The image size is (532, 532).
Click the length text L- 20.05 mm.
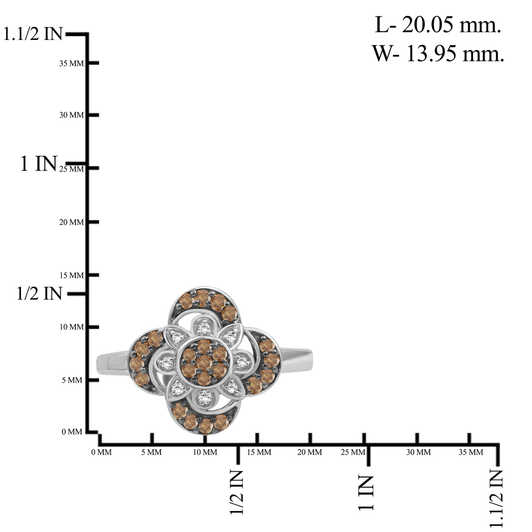pyautogui.click(x=438, y=25)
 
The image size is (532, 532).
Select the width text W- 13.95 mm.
pyautogui.click(x=438, y=53)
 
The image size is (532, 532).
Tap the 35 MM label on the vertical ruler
pyautogui.click(x=71, y=63)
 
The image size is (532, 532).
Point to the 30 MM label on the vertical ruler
pyautogui.click(x=71, y=115)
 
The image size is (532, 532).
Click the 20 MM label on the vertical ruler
pyautogui.click(x=71, y=222)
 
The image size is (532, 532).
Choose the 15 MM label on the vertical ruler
pyautogui.click(x=71, y=275)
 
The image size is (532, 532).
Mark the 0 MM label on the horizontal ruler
pyautogui.click(x=102, y=452)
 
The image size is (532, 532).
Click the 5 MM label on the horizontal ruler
pyautogui.click(x=151, y=452)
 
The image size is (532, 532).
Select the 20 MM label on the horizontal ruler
pyautogui.click(x=309, y=452)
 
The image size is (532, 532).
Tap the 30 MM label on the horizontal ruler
pyautogui.click(x=418, y=452)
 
